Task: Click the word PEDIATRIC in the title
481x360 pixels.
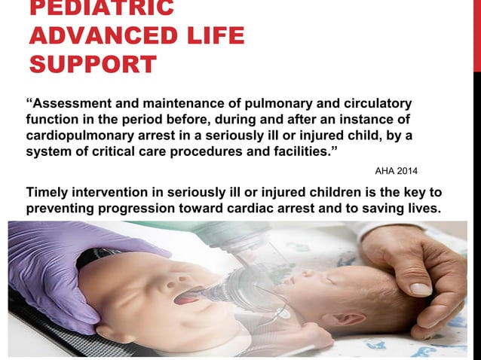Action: click(x=102, y=8)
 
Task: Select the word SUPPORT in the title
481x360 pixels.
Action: click(x=93, y=64)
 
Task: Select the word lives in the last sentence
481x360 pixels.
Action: click(x=421, y=209)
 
